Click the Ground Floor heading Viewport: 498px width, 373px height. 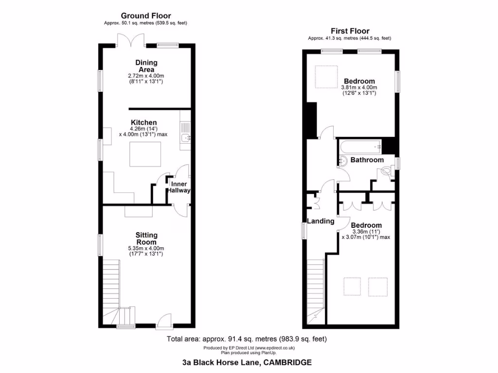point(146,16)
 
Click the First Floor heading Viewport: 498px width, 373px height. point(350,31)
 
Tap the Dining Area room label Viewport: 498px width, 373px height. point(146,66)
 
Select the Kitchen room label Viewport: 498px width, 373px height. point(143,122)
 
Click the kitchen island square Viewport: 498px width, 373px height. point(145,153)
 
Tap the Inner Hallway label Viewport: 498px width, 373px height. point(178,187)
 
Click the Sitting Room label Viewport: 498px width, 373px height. point(146,238)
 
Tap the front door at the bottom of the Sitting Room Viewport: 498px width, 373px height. point(165,321)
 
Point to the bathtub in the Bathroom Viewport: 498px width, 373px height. point(360,145)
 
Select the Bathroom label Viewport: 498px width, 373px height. point(367,160)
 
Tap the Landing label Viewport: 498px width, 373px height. point(320,221)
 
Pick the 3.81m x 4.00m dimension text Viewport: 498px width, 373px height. point(359,87)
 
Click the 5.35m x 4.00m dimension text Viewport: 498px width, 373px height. point(146,248)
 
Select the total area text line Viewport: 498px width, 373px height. point(247,339)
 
